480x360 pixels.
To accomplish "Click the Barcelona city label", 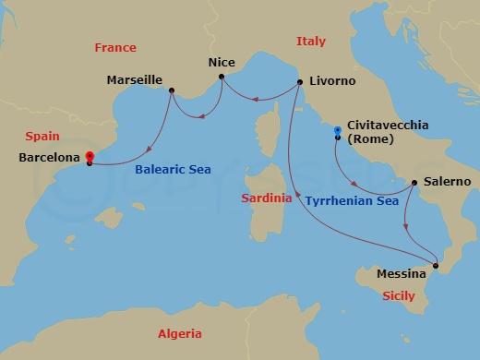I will point(49,158).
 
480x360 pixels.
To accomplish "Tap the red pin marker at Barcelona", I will point(89,156).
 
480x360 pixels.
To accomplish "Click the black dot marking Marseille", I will point(172,89).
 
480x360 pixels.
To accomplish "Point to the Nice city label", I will point(221,63).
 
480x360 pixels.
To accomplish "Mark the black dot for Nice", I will point(222,77).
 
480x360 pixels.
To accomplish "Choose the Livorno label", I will point(333,81).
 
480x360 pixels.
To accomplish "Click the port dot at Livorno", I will point(301,83).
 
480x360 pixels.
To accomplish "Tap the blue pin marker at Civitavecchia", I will point(338,131).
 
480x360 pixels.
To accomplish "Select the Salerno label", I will point(447,182).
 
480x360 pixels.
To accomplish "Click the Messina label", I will point(402,274).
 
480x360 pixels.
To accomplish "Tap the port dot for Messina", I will point(437,266).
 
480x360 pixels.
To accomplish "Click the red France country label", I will point(115,47).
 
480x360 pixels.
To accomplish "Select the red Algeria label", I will point(180,334).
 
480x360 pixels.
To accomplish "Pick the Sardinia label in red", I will point(266,198).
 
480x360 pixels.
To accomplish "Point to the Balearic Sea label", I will point(173,170).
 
